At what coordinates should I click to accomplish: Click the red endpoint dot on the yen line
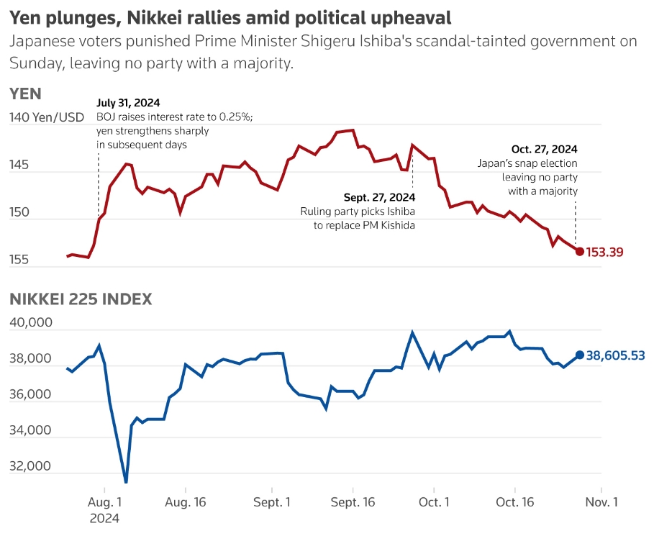click(580, 251)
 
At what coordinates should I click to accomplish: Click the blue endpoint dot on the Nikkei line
click(580, 355)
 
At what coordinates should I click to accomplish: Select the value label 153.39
click(605, 252)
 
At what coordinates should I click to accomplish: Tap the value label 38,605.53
click(615, 355)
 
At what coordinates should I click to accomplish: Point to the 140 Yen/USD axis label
click(47, 117)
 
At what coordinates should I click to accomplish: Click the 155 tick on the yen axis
click(19, 260)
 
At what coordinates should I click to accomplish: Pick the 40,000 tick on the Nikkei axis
click(31, 322)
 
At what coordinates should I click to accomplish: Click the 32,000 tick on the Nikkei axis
click(31, 465)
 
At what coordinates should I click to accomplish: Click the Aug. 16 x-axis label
click(186, 502)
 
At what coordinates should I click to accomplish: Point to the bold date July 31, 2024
click(128, 102)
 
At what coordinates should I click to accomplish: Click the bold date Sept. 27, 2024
click(379, 196)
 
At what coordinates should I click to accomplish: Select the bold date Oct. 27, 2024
click(545, 149)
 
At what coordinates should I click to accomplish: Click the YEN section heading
click(25, 94)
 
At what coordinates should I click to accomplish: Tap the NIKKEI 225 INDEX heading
click(81, 299)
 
